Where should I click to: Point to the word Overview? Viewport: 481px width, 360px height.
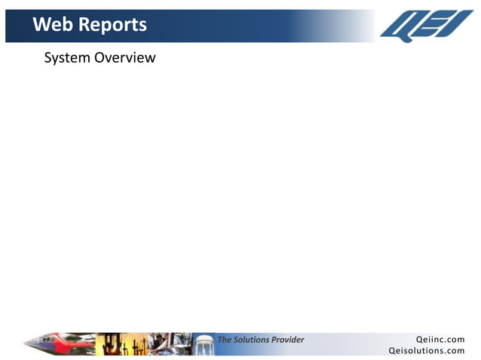click(125, 58)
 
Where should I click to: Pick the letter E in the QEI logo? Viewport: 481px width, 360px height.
click(437, 26)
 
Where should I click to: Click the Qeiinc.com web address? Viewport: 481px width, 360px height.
click(440, 340)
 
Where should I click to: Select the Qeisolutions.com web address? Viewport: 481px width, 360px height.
click(427, 350)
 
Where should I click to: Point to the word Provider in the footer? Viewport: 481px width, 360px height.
click(287, 340)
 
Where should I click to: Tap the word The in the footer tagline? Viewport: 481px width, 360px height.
click(225, 340)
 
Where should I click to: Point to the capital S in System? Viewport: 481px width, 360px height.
click(48, 58)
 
